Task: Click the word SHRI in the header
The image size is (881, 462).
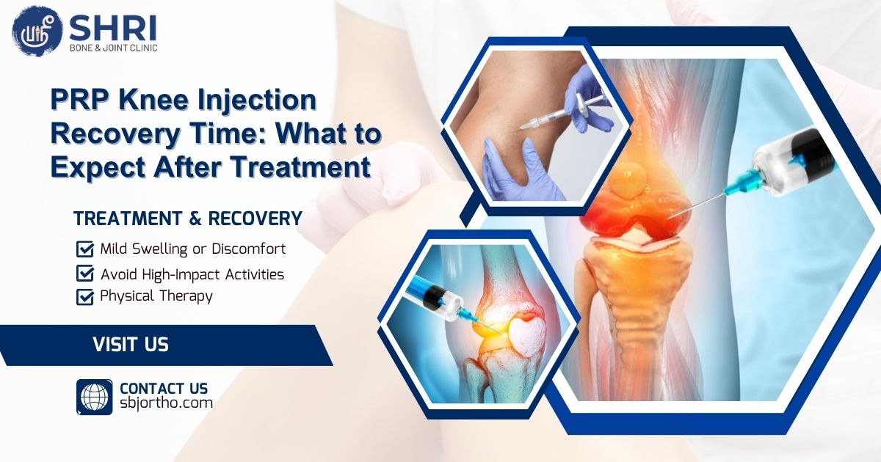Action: (111, 28)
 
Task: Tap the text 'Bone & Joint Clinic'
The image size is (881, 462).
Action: (113, 48)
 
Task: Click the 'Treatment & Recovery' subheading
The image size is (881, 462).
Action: (188, 219)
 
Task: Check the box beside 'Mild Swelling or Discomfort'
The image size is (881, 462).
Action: (85, 249)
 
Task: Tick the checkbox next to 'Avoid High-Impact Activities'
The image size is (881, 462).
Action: (85, 274)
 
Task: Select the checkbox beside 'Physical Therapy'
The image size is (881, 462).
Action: (85, 297)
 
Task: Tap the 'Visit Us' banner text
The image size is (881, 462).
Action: (131, 344)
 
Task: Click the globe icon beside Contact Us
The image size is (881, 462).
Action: (94, 397)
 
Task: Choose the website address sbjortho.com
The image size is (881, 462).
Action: (166, 403)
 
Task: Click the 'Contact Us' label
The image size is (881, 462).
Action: (164, 388)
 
